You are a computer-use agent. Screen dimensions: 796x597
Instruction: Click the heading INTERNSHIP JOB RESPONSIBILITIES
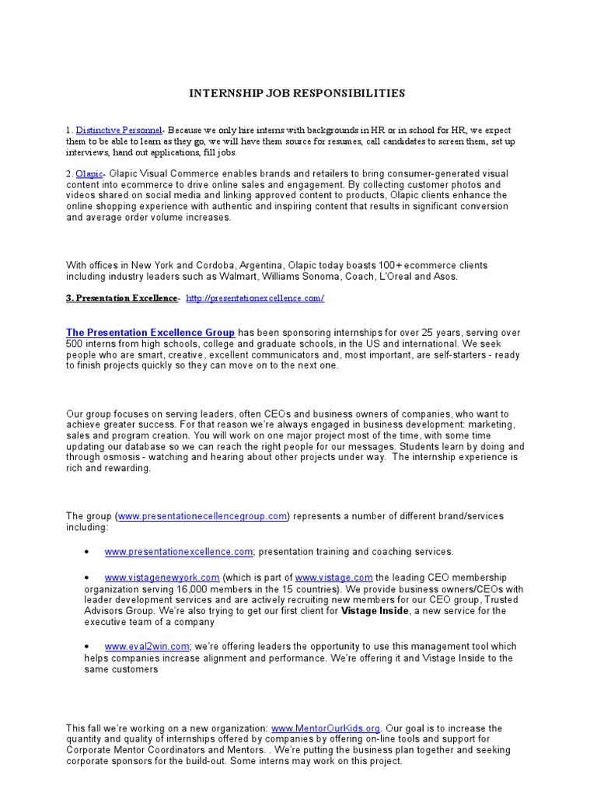tap(298, 93)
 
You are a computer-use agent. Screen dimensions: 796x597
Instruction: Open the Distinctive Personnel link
tap(119, 130)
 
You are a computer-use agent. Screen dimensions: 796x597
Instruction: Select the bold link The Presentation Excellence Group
tap(151, 333)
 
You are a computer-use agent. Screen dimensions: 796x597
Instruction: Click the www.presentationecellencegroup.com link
tap(203, 515)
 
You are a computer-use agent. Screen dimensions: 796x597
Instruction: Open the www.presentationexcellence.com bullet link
tap(179, 551)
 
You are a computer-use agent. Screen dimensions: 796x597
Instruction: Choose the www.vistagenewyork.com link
tap(162, 578)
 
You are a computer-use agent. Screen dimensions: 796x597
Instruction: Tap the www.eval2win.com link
tap(147, 646)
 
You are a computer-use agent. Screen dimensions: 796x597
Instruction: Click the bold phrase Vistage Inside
tap(376, 611)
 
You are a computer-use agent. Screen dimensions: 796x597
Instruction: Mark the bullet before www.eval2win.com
tap(86, 647)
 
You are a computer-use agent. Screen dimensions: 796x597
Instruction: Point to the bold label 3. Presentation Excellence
tap(122, 298)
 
